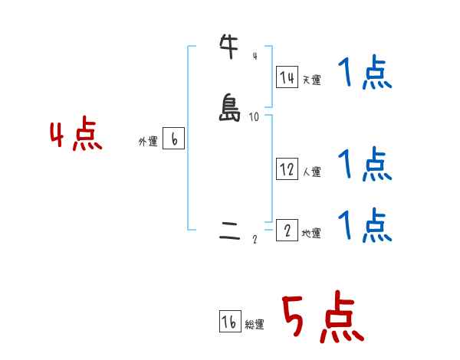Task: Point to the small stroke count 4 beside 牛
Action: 255,56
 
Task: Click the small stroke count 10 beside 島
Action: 254,117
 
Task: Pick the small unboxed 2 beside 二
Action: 255,241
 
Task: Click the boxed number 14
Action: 287,77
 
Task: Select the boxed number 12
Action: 287,169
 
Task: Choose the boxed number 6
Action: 173,139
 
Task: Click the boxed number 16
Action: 229,322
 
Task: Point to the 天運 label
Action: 311,80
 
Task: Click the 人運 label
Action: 311,172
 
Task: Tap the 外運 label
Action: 148,142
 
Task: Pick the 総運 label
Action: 254,326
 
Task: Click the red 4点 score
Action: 76,136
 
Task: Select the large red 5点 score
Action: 323,318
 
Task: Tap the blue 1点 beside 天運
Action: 365,75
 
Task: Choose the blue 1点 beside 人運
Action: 365,163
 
